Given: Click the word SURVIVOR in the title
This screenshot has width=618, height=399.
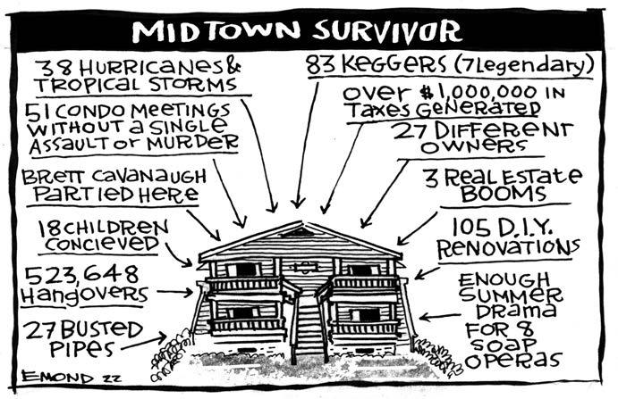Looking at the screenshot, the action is (x=385, y=29).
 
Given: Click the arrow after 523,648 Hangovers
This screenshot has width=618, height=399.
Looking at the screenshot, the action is (x=174, y=292).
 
